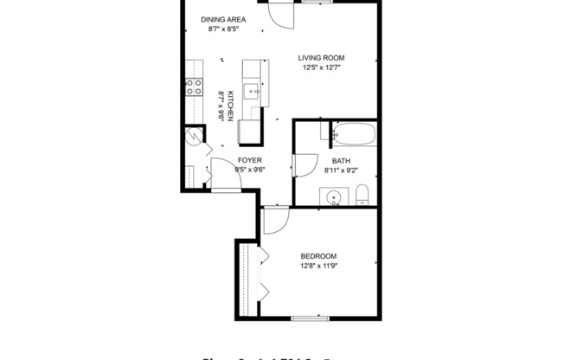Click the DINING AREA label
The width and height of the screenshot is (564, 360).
pyautogui.click(x=223, y=19)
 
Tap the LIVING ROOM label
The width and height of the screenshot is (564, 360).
pyautogui.click(x=323, y=58)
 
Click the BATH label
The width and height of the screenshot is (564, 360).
pyautogui.click(x=340, y=161)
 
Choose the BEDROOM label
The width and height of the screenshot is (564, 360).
pyautogui.click(x=318, y=255)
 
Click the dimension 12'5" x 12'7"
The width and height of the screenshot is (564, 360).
pyautogui.click(x=323, y=67)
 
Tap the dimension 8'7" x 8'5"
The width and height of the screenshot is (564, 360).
pyautogui.click(x=223, y=29)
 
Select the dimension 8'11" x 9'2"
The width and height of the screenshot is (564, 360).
pyautogui.click(x=340, y=170)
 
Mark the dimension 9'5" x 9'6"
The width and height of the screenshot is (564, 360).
pyautogui.click(x=249, y=170)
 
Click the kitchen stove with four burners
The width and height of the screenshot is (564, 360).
pyautogui.click(x=193, y=87)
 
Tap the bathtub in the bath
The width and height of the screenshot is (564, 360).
pyautogui.click(x=353, y=135)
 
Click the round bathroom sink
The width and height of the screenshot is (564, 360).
pyautogui.click(x=335, y=197)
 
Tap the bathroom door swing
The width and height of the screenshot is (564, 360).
pyautogui.click(x=305, y=166)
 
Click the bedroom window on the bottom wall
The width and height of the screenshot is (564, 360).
pyautogui.click(x=311, y=318)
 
